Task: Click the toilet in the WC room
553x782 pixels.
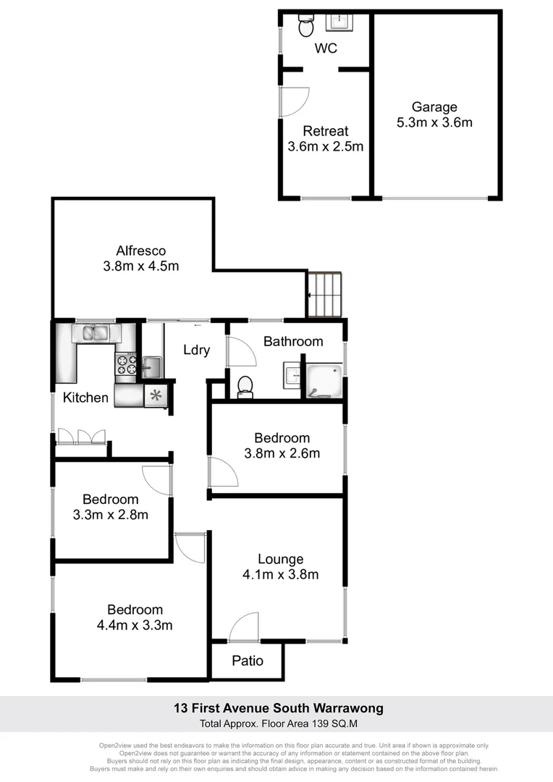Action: point(306,26)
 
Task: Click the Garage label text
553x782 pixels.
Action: point(434,107)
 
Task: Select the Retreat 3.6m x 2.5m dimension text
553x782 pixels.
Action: point(326,146)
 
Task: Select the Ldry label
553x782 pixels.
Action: point(196,350)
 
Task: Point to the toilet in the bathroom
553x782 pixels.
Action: point(245,387)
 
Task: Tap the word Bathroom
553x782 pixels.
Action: point(292,342)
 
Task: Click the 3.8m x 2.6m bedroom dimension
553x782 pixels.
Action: point(282,454)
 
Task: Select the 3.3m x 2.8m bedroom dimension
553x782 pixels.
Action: point(111,515)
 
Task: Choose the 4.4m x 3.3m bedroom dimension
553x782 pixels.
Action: point(135,625)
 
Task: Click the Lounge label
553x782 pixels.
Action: point(280,559)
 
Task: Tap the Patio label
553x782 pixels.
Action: point(248,660)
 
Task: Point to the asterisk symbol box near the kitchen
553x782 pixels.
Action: point(156,395)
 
